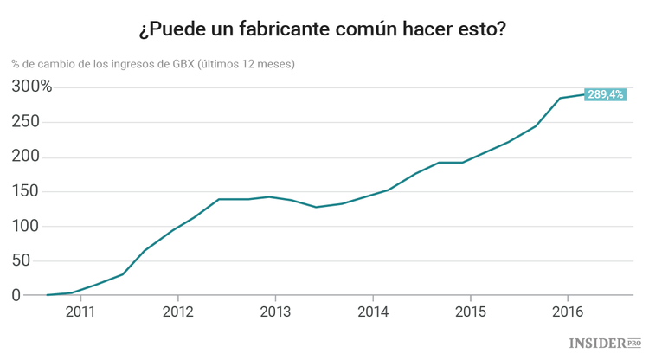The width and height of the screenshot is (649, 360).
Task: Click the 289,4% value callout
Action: [x=605, y=94]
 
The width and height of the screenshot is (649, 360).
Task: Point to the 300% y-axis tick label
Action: [x=32, y=87]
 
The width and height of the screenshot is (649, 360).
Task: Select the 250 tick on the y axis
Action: [x=27, y=122]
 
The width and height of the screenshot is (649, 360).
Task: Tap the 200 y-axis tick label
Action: [x=27, y=157]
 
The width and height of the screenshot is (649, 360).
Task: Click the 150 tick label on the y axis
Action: [x=27, y=191]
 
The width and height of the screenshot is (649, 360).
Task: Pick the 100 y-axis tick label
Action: [x=27, y=226]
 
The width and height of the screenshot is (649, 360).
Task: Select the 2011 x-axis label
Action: [x=80, y=312]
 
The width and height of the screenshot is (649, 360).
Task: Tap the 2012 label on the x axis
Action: [x=177, y=312]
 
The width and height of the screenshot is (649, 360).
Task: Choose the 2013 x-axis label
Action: [x=274, y=312]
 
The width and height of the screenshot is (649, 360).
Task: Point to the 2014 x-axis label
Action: [x=372, y=312]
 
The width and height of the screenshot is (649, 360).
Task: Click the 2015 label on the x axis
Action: [x=470, y=312]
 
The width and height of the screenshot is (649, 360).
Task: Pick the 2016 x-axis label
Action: [x=567, y=312]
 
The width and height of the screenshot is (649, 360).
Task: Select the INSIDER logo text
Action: [x=597, y=344]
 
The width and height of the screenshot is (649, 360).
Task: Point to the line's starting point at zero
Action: [x=48, y=295]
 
